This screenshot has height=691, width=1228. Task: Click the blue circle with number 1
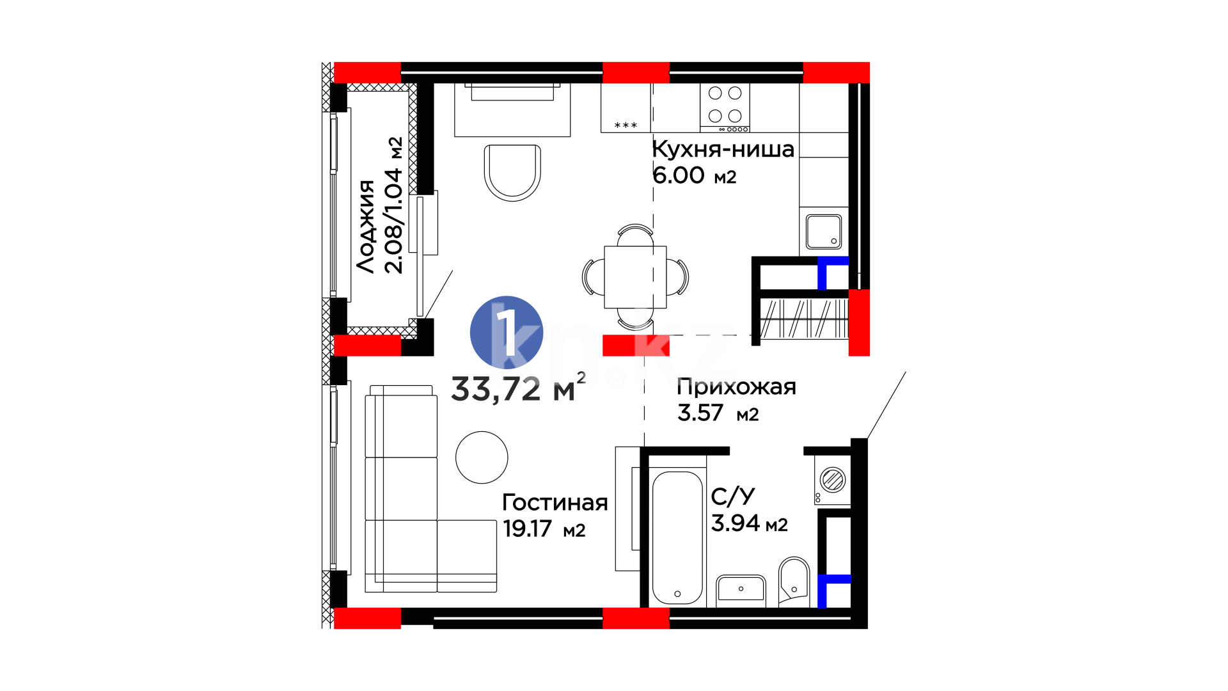[507, 332]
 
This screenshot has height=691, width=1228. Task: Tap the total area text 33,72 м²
[518, 388]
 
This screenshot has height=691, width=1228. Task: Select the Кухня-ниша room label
[723, 150]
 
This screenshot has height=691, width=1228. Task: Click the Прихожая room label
[736, 388]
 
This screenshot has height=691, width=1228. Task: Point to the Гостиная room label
[555, 502]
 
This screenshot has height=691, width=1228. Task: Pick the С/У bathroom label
[733, 496]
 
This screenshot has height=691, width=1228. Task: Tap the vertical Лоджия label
[366, 226]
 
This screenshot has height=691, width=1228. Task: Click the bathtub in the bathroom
[677, 537]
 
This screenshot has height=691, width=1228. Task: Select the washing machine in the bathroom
[832, 480]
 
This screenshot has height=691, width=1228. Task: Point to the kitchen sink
[824, 231]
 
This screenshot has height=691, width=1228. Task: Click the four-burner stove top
[725, 107]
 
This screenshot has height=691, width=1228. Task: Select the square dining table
[635, 277]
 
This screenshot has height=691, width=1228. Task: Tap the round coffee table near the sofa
[482, 457]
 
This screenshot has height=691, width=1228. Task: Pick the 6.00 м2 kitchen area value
[694, 175]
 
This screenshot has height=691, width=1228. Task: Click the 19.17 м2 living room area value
[544, 529]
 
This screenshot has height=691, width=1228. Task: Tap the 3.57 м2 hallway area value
[718, 413]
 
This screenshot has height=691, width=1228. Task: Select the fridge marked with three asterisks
[626, 107]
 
